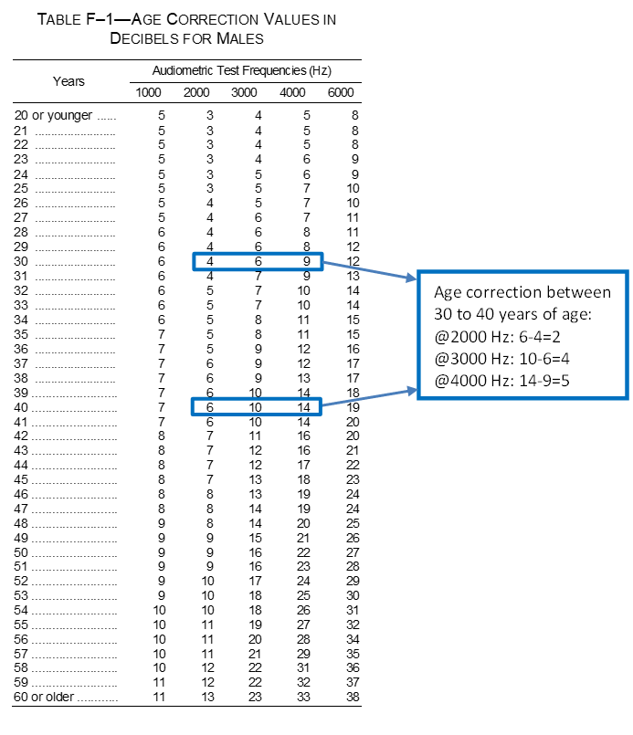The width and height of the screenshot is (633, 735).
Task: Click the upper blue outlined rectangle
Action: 258,262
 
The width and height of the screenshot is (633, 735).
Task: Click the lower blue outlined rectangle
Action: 256,406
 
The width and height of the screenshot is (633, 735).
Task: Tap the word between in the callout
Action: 578,293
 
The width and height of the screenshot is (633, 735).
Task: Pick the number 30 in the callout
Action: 443,313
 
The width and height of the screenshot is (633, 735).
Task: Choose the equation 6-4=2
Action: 537,336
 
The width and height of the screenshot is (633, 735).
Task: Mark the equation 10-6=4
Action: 541,359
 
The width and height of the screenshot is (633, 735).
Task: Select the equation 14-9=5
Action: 541,381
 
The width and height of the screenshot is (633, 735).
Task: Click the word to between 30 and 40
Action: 464,313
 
